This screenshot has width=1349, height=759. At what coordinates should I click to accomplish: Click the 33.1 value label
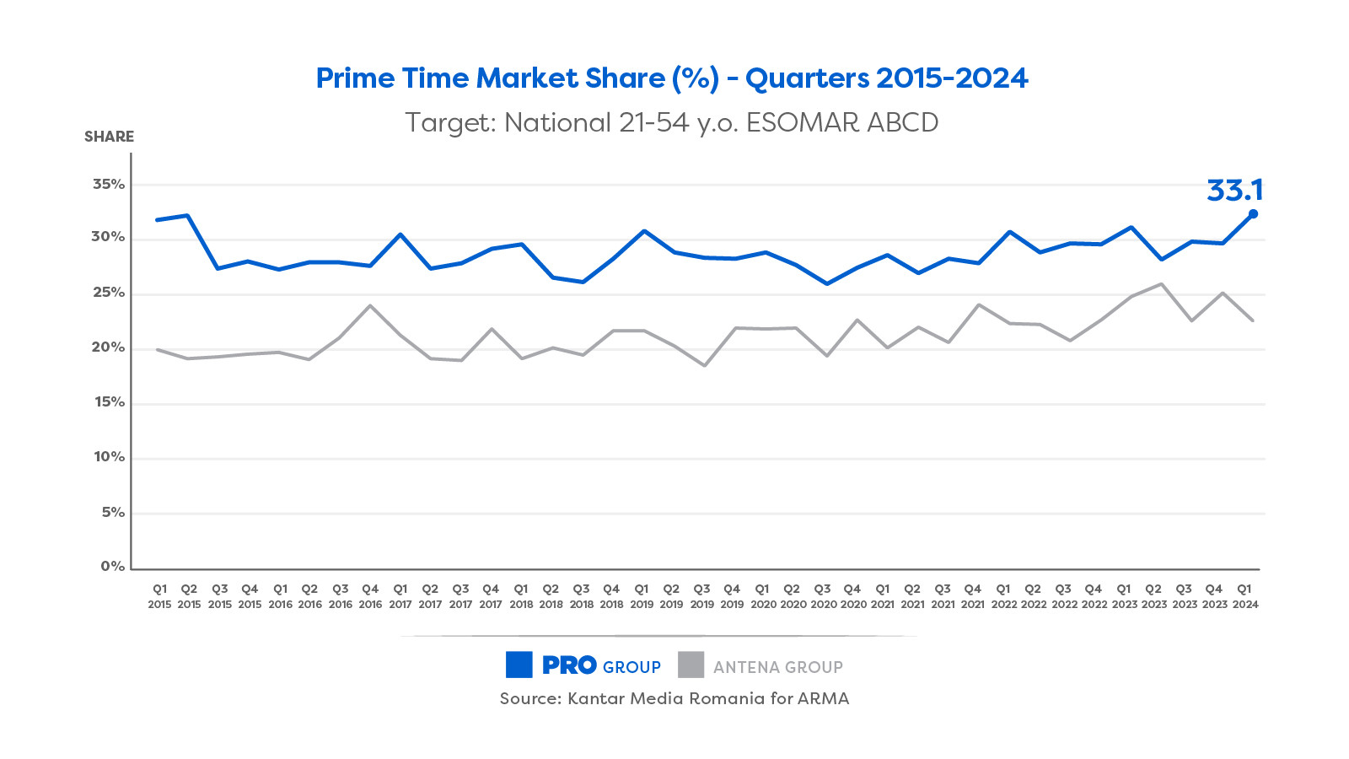click(x=1234, y=191)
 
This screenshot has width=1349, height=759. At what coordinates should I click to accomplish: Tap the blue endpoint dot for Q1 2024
click(x=1253, y=214)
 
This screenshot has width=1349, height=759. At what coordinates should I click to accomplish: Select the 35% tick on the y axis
click(x=109, y=184)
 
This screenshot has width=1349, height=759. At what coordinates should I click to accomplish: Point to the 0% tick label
click(x=112, y=567)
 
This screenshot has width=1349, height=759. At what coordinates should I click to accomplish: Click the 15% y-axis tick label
click(x=109, y=402)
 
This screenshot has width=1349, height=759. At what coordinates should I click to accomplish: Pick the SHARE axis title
click(x=109, y=137)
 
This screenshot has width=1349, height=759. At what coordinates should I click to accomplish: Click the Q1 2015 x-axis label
click(x=159, y=596)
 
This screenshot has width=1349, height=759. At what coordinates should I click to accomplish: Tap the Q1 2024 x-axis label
click(x=1244, y=596)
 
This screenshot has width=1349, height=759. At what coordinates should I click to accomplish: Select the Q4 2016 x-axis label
click(x=370, y=596)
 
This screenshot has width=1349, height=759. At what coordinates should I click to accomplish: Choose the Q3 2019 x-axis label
click(x=701, y=596)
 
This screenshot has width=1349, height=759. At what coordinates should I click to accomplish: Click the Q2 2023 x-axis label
click(x=1154, y=596)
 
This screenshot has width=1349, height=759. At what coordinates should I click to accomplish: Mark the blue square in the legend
click(x=519, y=665)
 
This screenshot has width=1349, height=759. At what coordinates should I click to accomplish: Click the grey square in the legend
click(x=691, y=665)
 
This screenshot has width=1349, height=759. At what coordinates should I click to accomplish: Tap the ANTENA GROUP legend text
click(x=777, y=667)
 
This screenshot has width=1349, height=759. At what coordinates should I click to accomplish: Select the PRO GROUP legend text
click(x=601, y=666)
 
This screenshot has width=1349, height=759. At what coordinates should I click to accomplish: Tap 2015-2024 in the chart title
click(x=952, y=78)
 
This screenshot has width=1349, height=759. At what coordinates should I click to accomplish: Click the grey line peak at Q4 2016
click(x=370, y=305)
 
